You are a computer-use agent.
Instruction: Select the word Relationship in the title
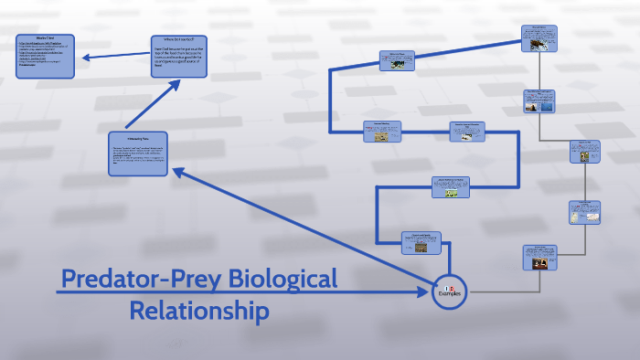tap(199, 311)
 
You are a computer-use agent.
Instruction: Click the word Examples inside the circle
tap(450, 294)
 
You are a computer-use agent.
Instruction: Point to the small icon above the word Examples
tap(450, 286)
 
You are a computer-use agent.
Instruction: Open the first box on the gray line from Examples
tap(539, 257)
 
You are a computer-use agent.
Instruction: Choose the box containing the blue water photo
tap(539, 101)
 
